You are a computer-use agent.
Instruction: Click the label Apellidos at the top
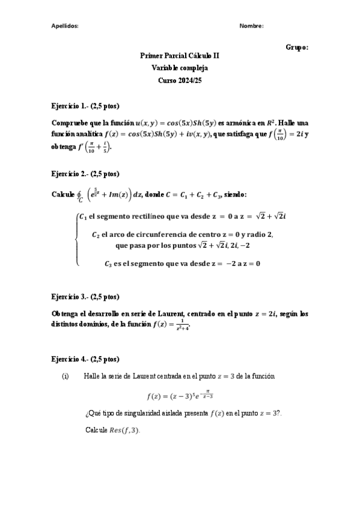pos(64,26)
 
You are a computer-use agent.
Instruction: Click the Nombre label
pos(251,26)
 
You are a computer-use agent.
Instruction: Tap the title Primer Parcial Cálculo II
pos(180,55)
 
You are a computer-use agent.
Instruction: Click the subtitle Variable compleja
pos(180,68)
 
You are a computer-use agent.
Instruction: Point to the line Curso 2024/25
pos(180,80)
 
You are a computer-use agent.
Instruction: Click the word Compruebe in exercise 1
pos(72,123)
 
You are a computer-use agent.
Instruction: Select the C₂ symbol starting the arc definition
pos(96,235)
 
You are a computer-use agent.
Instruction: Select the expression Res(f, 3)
pos(125,431)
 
